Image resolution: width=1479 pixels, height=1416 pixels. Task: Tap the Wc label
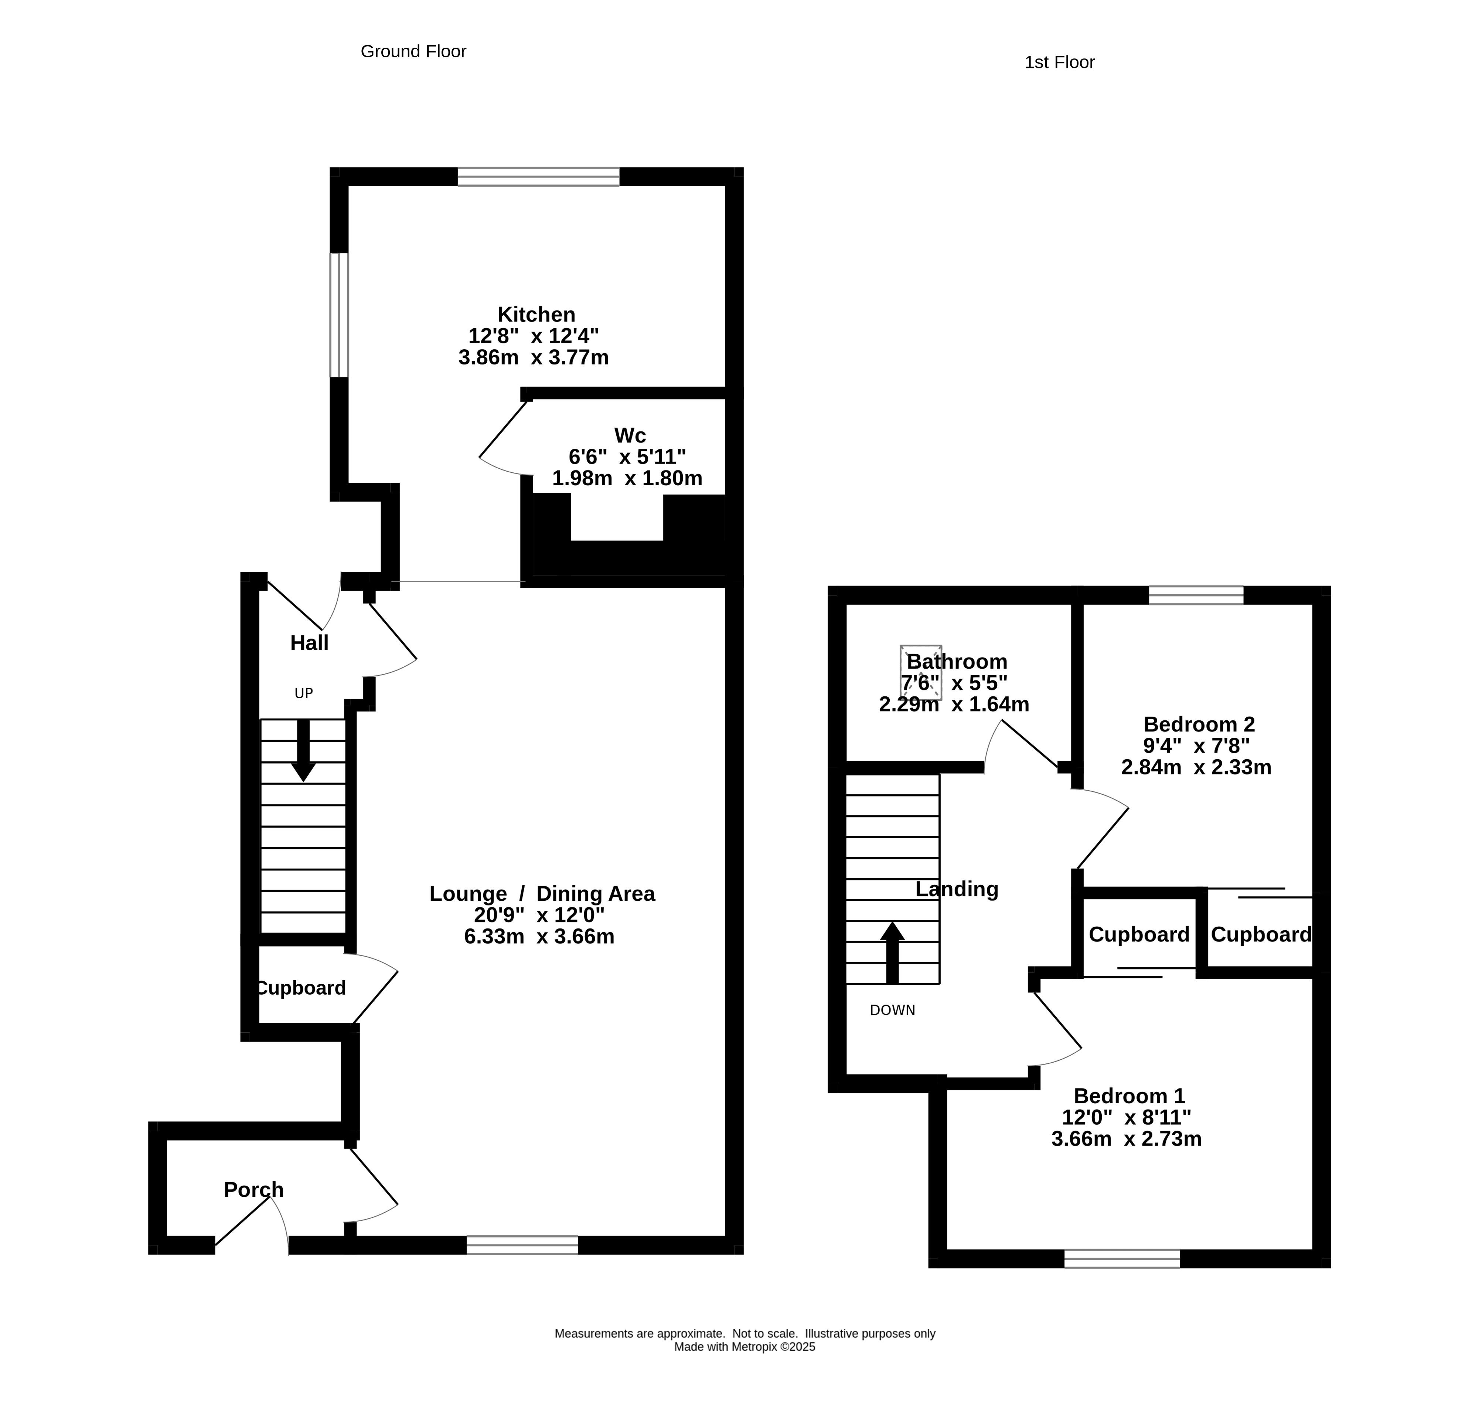click(630, 435)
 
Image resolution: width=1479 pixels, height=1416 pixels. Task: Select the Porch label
click(253, 1189)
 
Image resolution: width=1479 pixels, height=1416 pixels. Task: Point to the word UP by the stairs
click(303, 693)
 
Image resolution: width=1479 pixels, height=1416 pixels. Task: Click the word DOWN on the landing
click(893, 1010)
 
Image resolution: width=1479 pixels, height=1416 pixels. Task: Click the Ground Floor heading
click(413, 51)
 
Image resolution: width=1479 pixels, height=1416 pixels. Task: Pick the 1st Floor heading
click(1059, 62)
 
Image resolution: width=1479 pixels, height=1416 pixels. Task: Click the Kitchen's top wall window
click(539, 177)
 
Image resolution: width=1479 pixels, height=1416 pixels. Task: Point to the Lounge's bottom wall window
click(522, 1244)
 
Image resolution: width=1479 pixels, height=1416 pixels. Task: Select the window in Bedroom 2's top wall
click(1196, 595)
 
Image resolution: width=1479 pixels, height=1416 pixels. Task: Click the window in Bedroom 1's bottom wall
click(1122, 1258)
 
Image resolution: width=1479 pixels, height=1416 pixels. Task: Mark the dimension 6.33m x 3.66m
click(539, 937)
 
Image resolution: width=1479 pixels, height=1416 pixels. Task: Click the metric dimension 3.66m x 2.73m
click(1127, 1139)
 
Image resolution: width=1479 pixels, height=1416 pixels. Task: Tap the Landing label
click(957, 889)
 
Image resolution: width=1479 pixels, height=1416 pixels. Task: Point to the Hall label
click(309, 643)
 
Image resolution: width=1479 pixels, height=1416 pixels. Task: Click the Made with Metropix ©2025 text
click(745, 1347)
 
